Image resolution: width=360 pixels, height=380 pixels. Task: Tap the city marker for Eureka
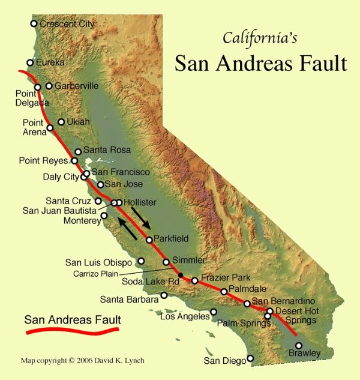coord(30,62)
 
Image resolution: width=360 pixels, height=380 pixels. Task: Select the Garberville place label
coord(76,86)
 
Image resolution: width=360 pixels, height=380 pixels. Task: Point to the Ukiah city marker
coord(61,122)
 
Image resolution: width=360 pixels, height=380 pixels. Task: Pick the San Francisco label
coord(121,172)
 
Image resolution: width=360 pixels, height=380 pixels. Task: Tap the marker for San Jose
coord(101,184)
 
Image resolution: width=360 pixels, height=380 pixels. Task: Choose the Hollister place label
coord(140,202)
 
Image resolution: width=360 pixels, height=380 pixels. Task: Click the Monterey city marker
coord(104,216)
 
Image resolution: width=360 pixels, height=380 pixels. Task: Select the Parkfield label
coord(171,239)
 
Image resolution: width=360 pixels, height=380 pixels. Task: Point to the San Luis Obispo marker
coord(141,261)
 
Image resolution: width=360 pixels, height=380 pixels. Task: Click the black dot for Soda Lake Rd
coord(181,274)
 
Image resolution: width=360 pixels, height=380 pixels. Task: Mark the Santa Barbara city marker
coord(164,295)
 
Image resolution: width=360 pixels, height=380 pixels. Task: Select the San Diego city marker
coord(251,358)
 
